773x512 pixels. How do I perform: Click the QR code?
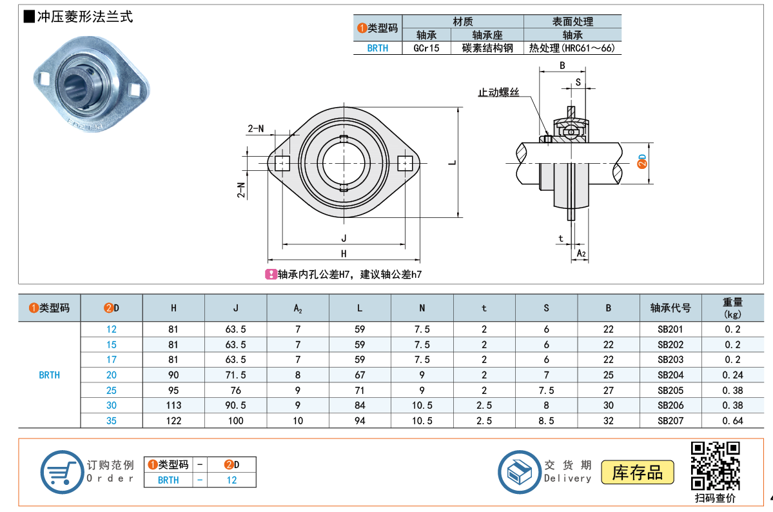click(715, 466)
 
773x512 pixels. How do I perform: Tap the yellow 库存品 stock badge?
click(637, 473)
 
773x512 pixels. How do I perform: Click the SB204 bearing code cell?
click(670, 375)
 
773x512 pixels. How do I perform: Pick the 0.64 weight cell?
click(732, 420)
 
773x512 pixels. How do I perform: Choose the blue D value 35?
click(112, 420)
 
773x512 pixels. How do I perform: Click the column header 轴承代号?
click(670, 308)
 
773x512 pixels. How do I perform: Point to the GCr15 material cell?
click(426, 48)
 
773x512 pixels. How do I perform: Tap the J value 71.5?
click(235, 375)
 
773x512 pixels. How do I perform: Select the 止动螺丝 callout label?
click(498, 92)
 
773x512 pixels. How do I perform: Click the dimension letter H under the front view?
click(344, 253)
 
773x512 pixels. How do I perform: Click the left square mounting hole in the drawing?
click(283, 162)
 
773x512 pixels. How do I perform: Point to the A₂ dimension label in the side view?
click(581, 253)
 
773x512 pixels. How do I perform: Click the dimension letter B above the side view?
click(562, 65)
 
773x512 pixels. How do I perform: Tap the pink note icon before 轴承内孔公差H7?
click(271, 274)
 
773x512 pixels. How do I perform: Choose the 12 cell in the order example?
click(231, 480)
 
